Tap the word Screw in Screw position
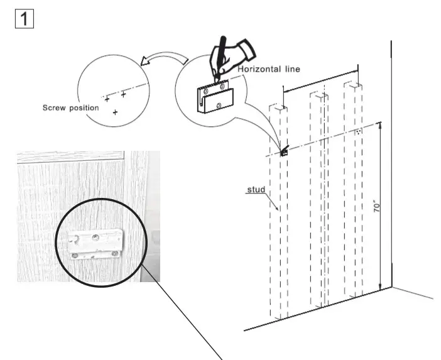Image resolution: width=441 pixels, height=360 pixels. point(54,107)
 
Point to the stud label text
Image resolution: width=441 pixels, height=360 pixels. point(254,188)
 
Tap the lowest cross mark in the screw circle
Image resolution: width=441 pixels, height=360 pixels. point(115,112)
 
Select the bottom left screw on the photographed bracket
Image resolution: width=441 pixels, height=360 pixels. point(75,254)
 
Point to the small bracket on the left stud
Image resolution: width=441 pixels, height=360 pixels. point(284,151)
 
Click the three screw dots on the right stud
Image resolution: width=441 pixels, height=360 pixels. point(358,132)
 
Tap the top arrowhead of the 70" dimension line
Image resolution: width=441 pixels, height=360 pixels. point(379,126)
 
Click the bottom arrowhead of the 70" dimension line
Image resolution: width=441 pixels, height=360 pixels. point(380,288)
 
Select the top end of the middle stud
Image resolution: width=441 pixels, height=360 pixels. point(318,95)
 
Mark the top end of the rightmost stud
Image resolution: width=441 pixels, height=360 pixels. point(355,84)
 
